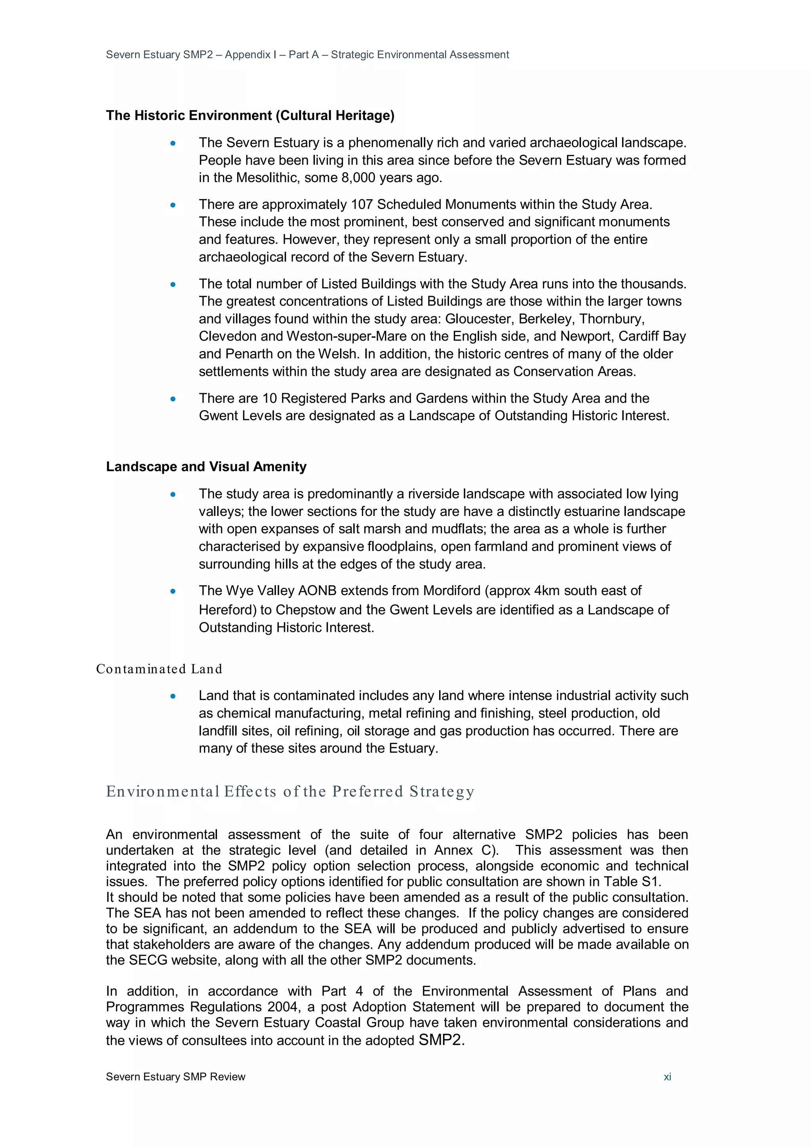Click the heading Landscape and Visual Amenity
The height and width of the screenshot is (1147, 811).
206,466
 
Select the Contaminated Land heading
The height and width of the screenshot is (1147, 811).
159,669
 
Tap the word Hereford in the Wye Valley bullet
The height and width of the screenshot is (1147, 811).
227,610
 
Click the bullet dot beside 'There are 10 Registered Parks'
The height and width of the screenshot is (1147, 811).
173,399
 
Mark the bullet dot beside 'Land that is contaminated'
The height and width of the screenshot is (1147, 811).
173,696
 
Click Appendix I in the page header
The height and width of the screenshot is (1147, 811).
247,55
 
